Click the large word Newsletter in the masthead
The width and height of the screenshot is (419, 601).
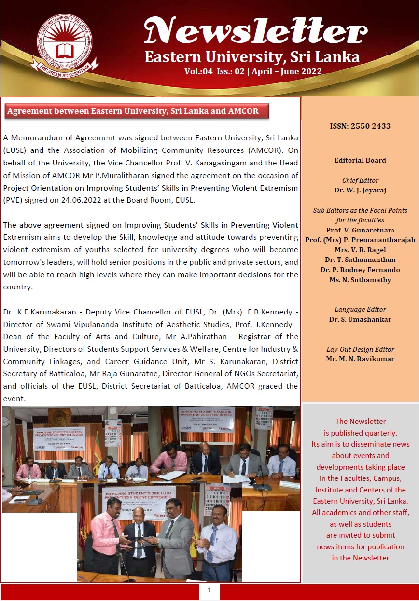[x=256, y=31]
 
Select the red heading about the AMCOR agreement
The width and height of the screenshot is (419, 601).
[x=133, y=111]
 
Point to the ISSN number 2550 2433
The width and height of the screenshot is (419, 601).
[x=360, y=126]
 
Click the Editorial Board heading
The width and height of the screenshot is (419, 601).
[x=360, y=160]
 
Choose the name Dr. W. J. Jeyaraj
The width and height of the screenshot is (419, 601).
[x=360, y=190]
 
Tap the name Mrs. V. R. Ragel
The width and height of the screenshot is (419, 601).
[x=360, y=250]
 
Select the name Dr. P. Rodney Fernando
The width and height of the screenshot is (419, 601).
[x=360, y=270]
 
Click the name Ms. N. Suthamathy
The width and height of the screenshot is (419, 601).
[x=360, y=280]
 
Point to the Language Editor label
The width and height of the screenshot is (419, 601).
[x=360, y=309]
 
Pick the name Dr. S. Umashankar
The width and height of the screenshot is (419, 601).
[x=360, y=319]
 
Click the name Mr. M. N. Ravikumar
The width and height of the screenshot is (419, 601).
[x=360, y=359]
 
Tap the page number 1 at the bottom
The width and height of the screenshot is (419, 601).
[x=209, y=591]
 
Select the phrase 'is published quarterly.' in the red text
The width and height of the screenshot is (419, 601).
[x=360, y=433]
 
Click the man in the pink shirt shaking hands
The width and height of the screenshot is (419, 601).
[x=105, y=535]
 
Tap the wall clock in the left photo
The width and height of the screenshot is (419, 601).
[x=6, y=422]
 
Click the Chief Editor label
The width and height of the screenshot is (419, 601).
[x=360, y=180]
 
